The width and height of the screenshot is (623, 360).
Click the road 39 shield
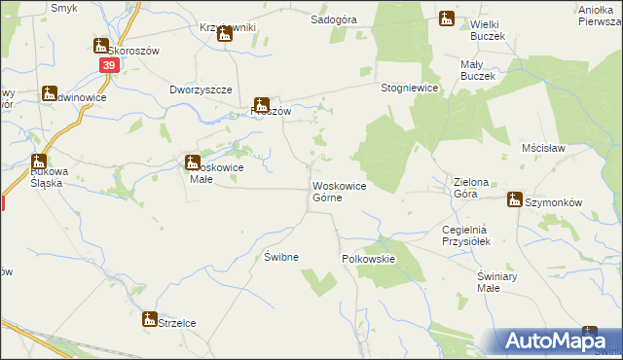coord(108,64)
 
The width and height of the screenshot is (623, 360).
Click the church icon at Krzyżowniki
coord(224,34)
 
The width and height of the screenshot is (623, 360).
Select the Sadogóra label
coord(332,18)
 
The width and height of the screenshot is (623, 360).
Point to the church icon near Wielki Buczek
coord(446,18)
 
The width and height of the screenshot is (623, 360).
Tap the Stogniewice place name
coord(411,88)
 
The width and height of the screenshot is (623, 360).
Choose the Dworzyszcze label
coord(201,90)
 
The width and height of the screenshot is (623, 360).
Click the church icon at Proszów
coord(261,105)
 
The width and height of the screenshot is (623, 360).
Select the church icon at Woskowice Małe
coord(193,163)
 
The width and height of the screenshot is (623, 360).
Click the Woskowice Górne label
coord(339,192)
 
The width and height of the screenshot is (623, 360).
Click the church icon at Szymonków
coord(514,199)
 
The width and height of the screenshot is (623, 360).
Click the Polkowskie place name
coord(368,260)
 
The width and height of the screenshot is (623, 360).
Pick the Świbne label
coord(280,257)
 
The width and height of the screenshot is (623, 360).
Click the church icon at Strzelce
coord(150,319)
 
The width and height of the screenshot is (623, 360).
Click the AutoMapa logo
coord(560,341)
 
